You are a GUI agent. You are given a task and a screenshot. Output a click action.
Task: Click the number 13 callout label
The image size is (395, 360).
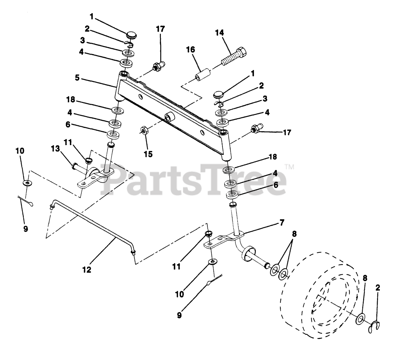point(55,149)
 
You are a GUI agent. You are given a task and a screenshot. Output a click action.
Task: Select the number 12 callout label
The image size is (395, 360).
point(87,270)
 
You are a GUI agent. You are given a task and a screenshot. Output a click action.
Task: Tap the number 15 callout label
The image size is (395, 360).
point(148,154)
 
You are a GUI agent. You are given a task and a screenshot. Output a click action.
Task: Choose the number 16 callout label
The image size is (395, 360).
point(190,50)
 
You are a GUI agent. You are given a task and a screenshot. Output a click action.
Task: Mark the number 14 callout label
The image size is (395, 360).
point(219,33)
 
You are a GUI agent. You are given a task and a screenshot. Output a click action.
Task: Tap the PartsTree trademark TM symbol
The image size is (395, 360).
point(289,167)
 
